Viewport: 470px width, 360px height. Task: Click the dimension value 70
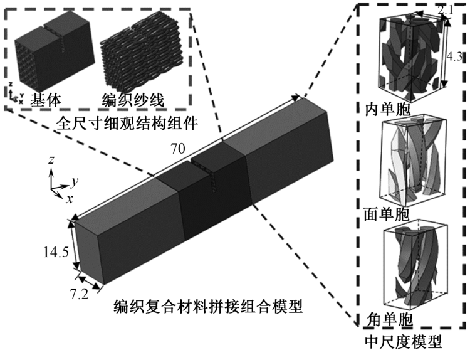[x=178, y=149]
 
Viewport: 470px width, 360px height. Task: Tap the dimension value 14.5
[x=56, y=251]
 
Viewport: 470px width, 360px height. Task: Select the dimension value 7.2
[x=80, y=295]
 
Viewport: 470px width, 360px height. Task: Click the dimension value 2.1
[x=445, y=11]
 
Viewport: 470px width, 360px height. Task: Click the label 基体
[x=46, y=99]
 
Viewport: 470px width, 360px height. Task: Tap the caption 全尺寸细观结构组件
[x=127, y=123]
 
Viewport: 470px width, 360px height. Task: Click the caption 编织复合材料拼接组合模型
[x=208, y=306]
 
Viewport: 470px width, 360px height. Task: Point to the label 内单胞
[x=387, y=110]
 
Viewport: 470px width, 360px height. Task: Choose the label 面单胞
[x=387, y=214]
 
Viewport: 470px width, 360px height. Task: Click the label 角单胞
[x=390, y=320]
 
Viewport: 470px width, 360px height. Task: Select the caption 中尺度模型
[x=404, y=341]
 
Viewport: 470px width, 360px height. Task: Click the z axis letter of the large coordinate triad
[x=51, y=160]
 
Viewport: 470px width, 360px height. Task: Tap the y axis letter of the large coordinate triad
[x=75, y=181]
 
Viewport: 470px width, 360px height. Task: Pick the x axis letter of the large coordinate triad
[x=70, y=199]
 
